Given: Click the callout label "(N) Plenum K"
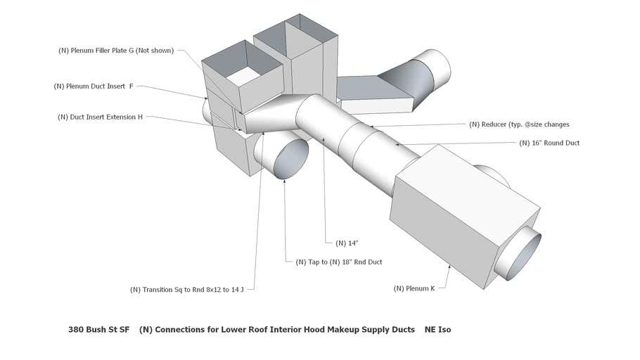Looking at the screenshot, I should click(x=414, y=288).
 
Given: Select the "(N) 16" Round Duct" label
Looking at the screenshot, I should click(x=549, y=143).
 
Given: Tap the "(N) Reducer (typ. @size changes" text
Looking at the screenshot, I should click(x=519, y=124).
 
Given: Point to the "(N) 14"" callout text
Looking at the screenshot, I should click(x=347, y=243).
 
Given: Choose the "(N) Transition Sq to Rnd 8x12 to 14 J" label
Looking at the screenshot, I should click(x=191, y=289).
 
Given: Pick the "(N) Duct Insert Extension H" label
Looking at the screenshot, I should click(x=100, y=117).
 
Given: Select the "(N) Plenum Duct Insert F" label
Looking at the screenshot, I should click(x=94, y=86).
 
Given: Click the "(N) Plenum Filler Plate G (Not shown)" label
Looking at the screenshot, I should click(x=115, y=51).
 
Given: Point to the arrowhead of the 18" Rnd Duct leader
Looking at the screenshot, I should click(x=284, y=179).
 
